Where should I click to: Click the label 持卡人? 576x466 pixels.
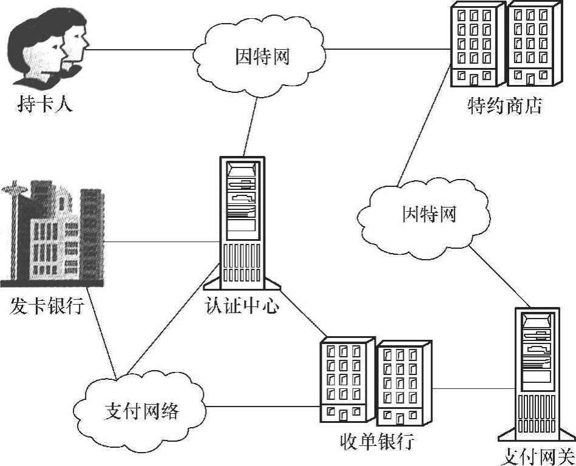click(x=46, y=104)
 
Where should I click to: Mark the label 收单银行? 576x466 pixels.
click(x=376, y=441)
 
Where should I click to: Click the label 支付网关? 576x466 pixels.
click(x=537, y=456)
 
